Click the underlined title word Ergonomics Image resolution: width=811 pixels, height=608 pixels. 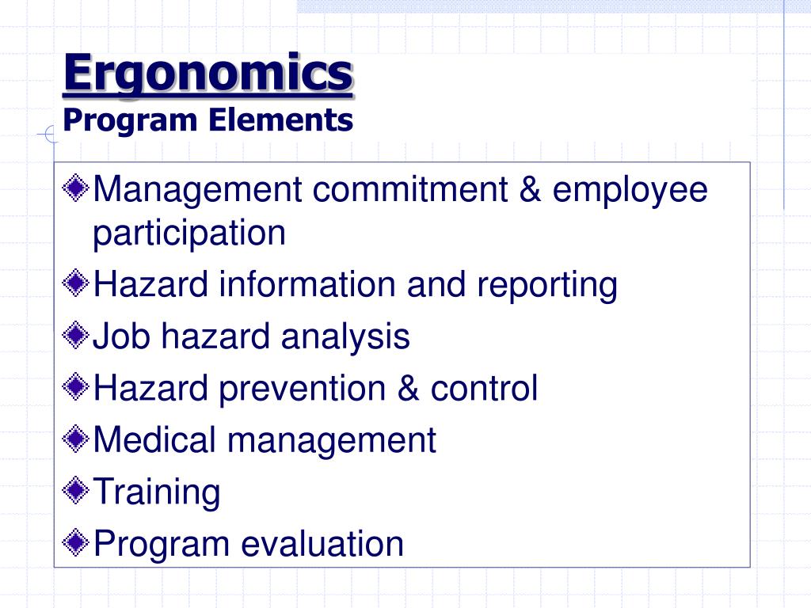pos(208,74)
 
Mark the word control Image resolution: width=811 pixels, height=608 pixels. pos(484,389)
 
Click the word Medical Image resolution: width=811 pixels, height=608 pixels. pos(154,440)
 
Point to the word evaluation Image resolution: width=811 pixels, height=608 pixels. pos(322,544)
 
